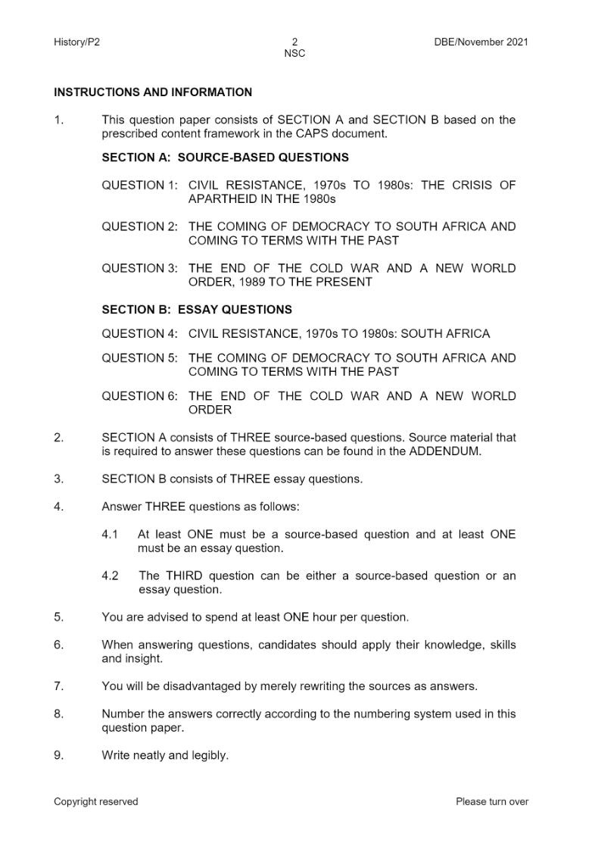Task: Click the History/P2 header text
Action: (x=76, y=42)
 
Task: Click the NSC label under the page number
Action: (x=294, y=54)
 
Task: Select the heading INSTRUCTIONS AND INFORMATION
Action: (x=153, y=92)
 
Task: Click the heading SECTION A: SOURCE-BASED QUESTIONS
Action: (x=225, y=158)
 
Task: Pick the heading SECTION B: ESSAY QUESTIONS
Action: (x=196, y=310)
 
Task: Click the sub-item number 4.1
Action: (x=110, y=535)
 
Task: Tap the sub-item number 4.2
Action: (x=110, y=576)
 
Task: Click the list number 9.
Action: (x=58, y=755)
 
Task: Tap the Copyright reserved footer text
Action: (x=96, y=801)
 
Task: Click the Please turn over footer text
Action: (x=492, y=801)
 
